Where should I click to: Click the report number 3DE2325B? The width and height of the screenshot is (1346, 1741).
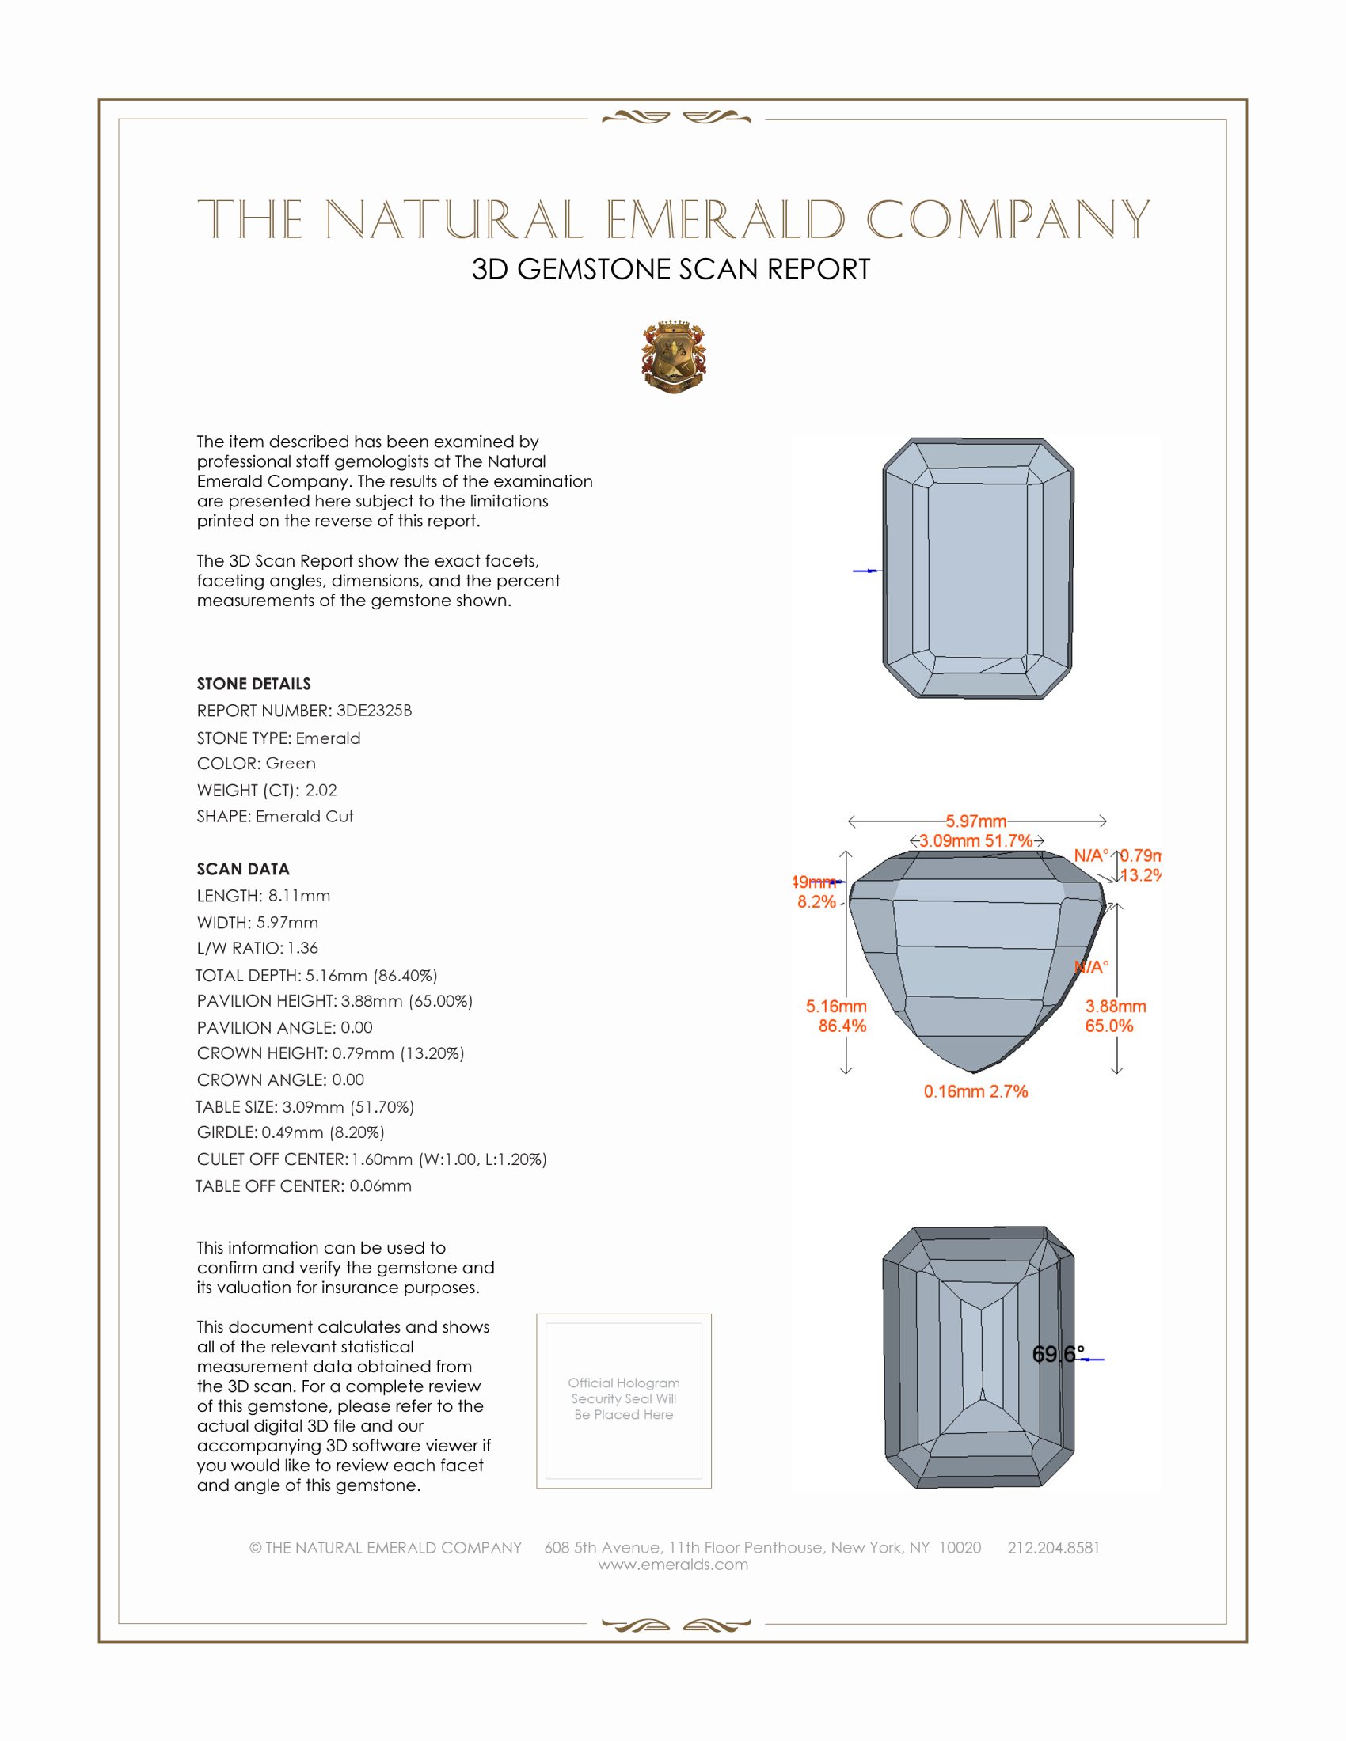pos(374,711)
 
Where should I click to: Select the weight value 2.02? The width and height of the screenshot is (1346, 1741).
pos(321,790)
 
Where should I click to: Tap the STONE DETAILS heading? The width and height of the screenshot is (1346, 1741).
pos(253,684)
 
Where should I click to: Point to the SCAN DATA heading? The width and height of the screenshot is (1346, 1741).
pos(243,869)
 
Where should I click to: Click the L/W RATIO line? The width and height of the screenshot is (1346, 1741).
pos(257,948)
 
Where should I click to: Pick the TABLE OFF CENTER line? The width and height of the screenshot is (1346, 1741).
pos(303,1185)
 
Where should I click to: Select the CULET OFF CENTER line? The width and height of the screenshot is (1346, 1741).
pos(371,1159)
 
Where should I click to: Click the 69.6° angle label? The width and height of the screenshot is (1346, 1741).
pos(1057,1353)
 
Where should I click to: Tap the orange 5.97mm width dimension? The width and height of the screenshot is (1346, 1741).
pos(976,821)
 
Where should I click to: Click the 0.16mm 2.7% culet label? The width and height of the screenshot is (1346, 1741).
pos(975,1091)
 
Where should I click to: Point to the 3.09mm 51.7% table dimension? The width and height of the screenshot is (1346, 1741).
pos(975,840)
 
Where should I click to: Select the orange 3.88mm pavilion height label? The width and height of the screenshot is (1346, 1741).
pos(1115,1006)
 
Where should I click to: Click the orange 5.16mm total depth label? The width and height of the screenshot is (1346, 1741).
pos(835,1006)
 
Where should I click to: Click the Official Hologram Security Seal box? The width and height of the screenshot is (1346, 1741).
pos(624,1401)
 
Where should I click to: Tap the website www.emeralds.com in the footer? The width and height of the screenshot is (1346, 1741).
pos(673,1565)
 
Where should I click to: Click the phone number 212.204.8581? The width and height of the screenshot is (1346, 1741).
pos(1053,1547)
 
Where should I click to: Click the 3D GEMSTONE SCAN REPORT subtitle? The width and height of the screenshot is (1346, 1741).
pos(671,269)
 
